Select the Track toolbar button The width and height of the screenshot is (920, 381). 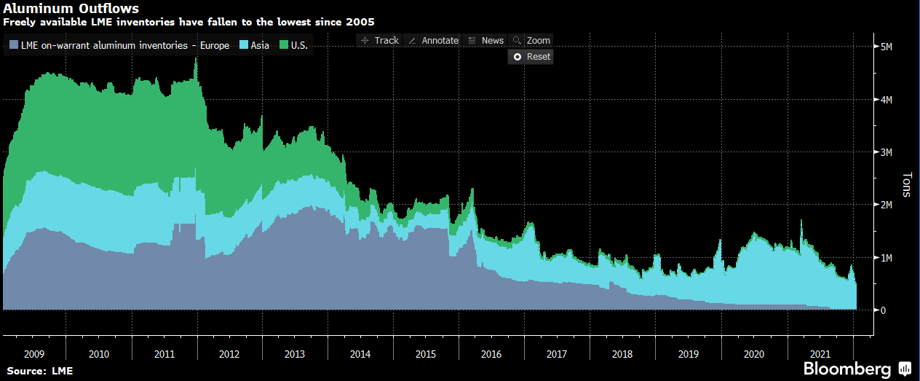[379, 41]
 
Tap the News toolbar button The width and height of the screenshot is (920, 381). [486, 41]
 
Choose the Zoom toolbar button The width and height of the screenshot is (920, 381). [532, 41]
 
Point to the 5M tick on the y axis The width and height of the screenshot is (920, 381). [886, 47]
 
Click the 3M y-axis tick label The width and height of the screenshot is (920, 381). [886, 152]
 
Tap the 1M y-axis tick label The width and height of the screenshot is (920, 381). [886, 258]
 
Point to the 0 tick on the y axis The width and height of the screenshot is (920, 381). [883, 310]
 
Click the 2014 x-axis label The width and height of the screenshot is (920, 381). [361, 354]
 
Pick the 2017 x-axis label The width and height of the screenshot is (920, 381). [558, 354]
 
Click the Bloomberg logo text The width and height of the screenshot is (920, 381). [847, 369]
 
